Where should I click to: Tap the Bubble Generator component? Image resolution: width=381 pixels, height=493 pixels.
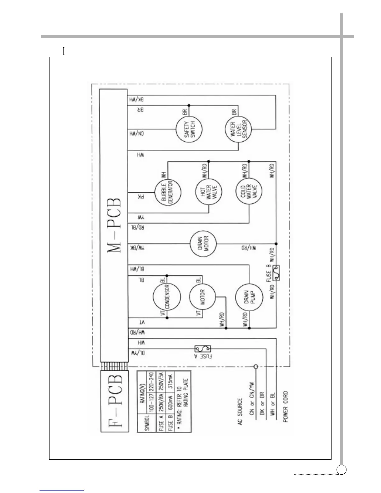point(168,192)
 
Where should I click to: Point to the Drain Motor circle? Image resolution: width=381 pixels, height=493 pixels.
point(203,244)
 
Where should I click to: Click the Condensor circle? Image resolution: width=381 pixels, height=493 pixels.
point(167,297)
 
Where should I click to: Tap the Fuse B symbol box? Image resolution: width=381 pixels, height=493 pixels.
point(276,273)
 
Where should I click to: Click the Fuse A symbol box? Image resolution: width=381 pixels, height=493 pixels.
point(203,349)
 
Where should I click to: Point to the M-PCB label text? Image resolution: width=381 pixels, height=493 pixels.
point(114,225)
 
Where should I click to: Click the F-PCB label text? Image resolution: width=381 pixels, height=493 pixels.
point(114,401)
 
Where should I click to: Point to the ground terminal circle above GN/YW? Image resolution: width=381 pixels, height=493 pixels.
point(256,367)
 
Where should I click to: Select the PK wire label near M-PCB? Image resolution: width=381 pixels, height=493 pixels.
point(141,197)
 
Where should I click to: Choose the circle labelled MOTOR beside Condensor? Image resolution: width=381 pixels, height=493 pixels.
point(203,297)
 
